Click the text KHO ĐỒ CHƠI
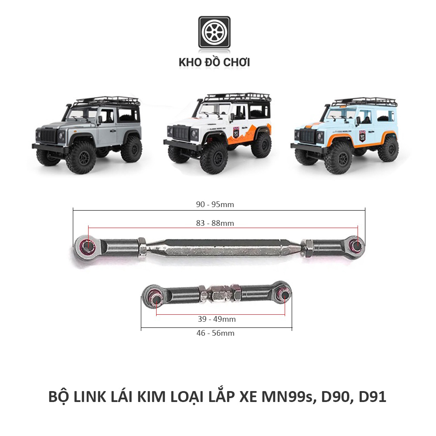point(214,62)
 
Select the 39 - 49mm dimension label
point(217,319)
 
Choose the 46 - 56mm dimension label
point(215,333)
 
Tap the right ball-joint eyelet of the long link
point(357,245)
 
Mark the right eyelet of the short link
point(284,295)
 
